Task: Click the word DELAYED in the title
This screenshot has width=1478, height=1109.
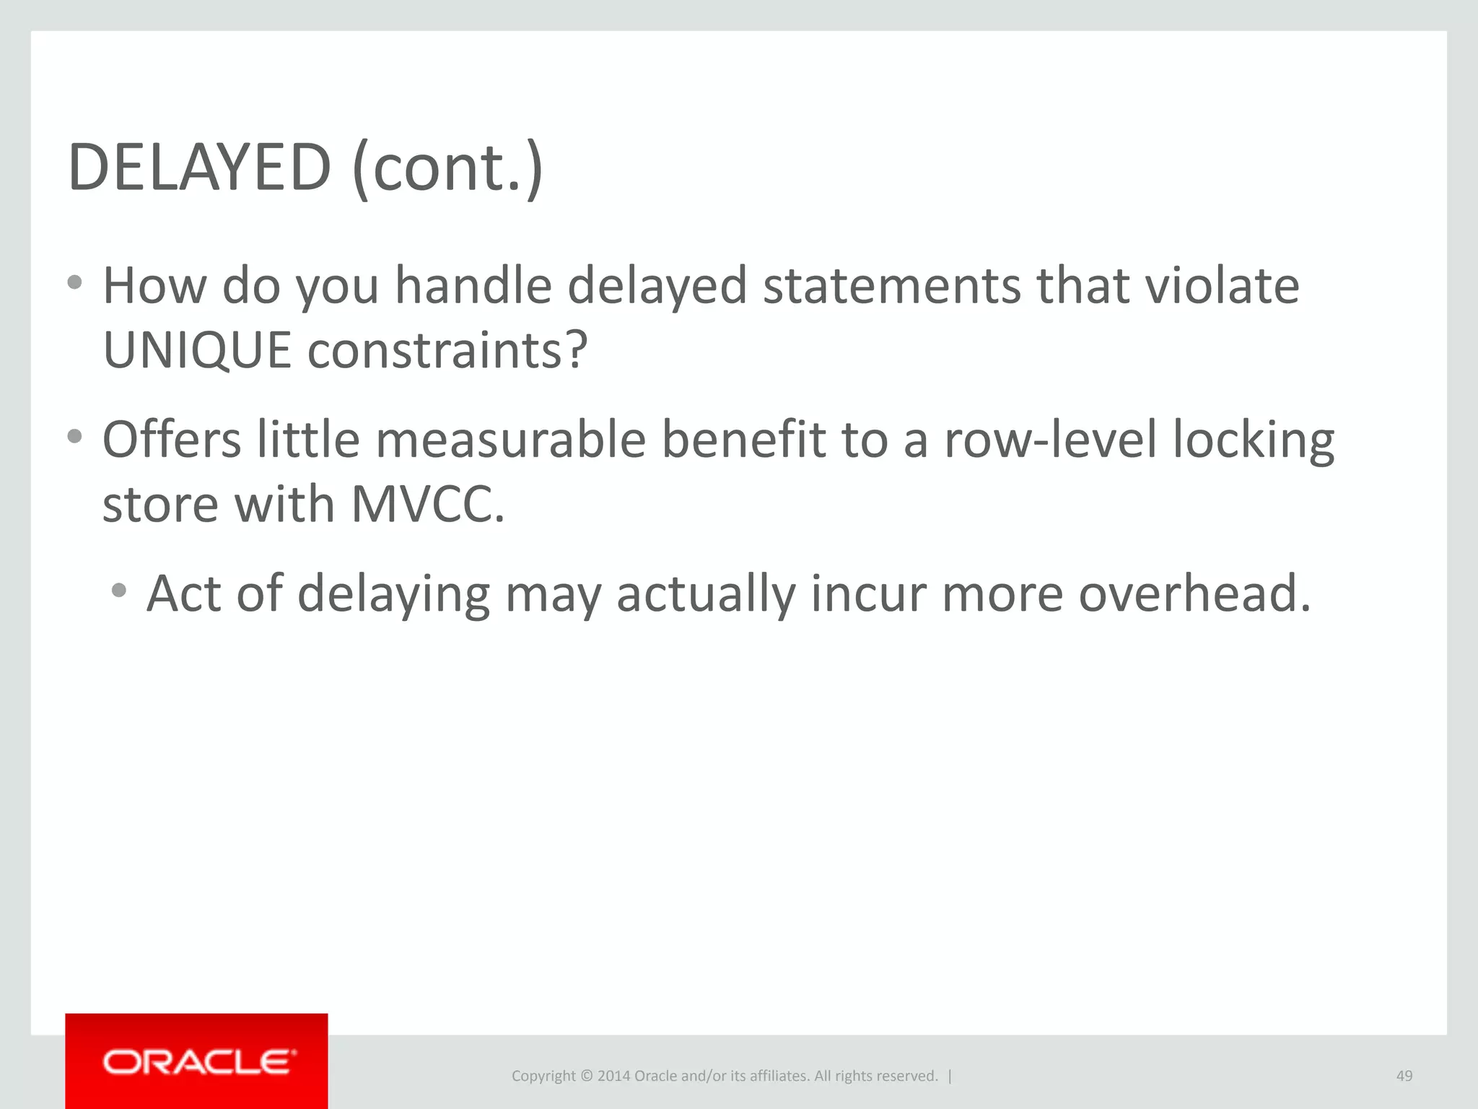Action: click(199, 168)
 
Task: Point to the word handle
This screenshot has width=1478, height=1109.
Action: click(473, 286)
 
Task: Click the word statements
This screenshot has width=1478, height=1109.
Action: click(892, 286)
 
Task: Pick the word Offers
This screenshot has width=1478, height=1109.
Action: click(172, 440)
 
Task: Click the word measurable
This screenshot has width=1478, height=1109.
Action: click(510, 440)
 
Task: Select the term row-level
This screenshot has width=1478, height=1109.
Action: click(1050, 440)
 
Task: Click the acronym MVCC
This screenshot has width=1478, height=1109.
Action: click(427, 504)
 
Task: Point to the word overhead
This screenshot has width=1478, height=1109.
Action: click(1194, 593)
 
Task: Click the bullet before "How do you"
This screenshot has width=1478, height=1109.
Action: click(74, 282)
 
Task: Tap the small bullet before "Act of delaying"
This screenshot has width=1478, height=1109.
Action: click(119, 591)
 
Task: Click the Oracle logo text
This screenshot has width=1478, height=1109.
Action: click(199, 1062)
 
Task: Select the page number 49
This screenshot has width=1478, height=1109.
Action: click(1404, 1076)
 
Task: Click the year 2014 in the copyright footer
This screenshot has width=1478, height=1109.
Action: click(613, 1076)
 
